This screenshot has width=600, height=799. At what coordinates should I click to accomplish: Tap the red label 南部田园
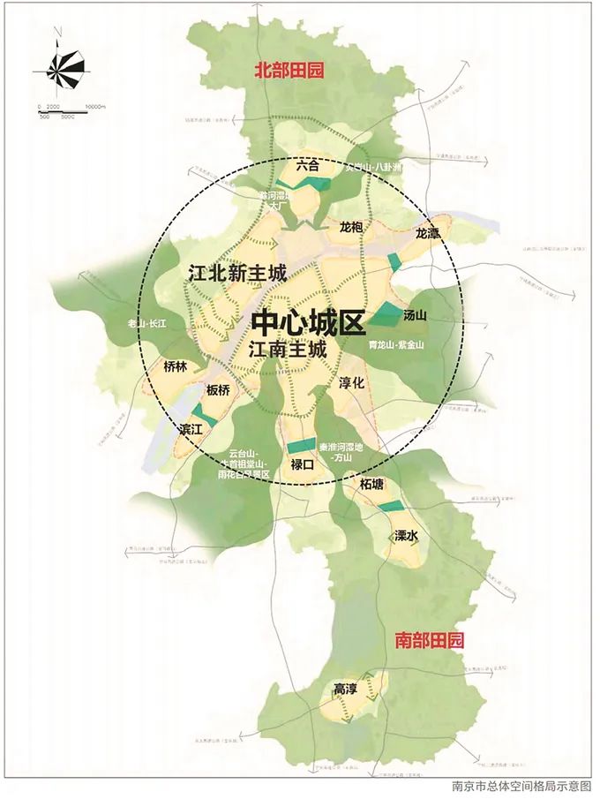429,639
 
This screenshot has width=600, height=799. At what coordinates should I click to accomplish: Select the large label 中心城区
308,322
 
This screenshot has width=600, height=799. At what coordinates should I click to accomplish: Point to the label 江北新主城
237,274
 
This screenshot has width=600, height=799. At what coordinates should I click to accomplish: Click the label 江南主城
288,350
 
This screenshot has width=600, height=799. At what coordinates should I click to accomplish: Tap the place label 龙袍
350,227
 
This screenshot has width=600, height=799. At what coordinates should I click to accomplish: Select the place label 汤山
415,314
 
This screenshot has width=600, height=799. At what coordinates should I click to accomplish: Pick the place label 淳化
352,383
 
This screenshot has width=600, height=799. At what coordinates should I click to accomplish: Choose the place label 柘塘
371,485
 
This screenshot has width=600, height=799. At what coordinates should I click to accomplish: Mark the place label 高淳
345,688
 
